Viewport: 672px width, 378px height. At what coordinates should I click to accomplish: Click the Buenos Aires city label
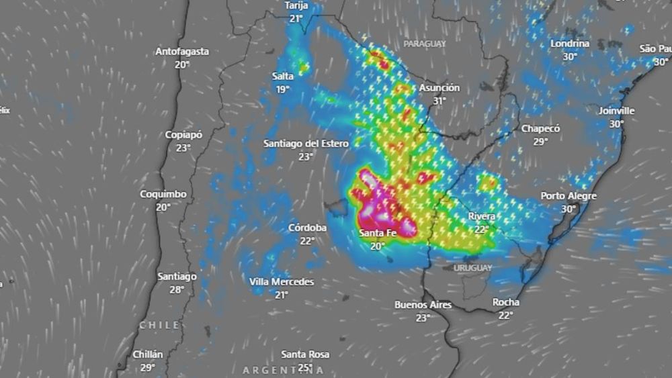coord(423,305)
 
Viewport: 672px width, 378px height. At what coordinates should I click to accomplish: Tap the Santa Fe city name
coord(377,233)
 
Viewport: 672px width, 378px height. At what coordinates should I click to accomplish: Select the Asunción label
coord(439,88)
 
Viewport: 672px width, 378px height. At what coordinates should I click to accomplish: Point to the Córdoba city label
coord(307,228)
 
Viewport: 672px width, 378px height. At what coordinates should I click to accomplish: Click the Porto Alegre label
coord(569,196)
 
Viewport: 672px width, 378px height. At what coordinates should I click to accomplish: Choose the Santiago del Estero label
coord(306,143)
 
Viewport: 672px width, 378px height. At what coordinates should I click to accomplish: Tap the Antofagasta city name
coord(182,51)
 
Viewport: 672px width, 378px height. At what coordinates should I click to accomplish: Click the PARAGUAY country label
coord(425,44)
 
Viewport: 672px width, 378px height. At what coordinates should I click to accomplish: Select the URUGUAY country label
coord(473,268)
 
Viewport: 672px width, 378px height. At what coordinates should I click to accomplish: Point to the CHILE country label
coord(159,325)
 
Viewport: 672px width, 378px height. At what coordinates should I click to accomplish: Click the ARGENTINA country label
coord(283,370)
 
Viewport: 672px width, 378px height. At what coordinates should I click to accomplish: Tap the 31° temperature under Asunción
coord(439,101)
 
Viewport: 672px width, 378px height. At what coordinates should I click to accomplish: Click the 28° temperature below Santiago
coord(177,289)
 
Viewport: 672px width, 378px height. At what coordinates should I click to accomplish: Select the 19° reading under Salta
coord(283,89)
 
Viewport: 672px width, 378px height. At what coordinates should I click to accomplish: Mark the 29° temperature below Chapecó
coord(540,142)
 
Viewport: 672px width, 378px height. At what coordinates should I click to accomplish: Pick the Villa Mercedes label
coord(282,282)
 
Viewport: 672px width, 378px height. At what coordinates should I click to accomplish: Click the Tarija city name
coord(296,5)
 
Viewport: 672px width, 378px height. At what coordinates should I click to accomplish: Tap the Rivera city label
coord(482,216)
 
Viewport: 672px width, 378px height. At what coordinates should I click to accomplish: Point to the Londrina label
coord(570,44)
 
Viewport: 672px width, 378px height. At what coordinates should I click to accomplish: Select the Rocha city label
coord(505,302)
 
